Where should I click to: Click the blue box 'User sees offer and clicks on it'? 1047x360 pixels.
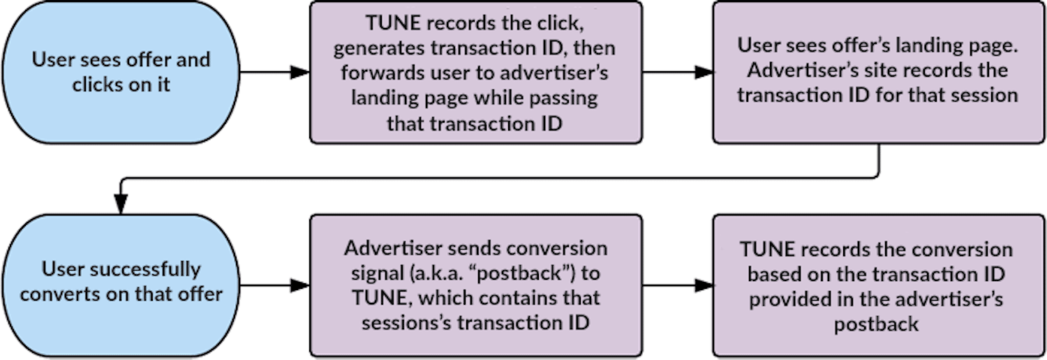click(x=121, y=72)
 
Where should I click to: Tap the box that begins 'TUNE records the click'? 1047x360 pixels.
click(x=475, y=72)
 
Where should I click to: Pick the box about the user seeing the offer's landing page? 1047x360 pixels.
click(x=877, y=72)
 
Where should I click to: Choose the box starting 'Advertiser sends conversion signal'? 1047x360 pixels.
click(x=475, y=285)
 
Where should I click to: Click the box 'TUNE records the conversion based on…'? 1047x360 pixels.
click(x=877, y=285)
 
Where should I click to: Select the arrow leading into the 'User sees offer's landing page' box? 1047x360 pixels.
click(x=677, y=72)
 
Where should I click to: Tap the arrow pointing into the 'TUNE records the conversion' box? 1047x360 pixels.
click(x=677, y=285)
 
